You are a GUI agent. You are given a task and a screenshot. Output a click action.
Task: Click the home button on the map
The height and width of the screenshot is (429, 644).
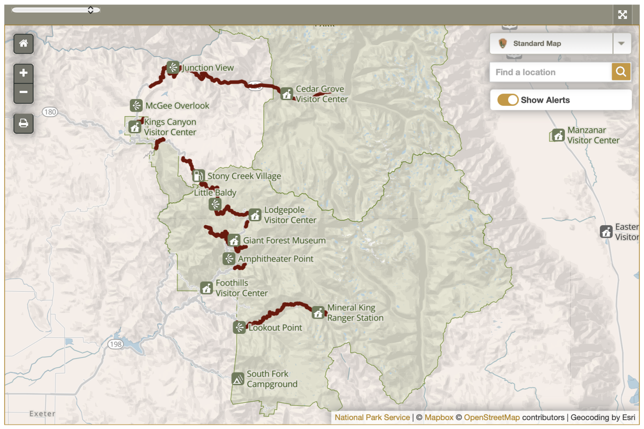click(x=23, y=44)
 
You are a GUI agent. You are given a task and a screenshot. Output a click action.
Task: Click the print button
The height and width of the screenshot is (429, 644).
click(x=23, y=123)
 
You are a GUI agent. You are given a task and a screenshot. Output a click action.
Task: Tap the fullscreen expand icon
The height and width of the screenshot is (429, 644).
click(x=623, y=15)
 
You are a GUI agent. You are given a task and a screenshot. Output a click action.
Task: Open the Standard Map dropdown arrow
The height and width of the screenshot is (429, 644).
click(x=621, y=44)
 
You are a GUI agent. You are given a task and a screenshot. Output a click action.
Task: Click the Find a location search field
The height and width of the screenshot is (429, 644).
click(x=551, y=72)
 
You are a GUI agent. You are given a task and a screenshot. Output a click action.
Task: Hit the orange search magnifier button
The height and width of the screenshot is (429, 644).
click(x=621, y=72)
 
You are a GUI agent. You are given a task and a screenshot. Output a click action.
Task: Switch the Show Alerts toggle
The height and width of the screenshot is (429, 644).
click(x=508, y=100)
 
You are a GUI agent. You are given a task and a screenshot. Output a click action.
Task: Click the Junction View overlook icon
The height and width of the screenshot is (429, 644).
click(x=173, y=67)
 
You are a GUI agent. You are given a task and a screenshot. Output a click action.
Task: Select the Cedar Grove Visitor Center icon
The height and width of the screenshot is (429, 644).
click(x=287, y=94)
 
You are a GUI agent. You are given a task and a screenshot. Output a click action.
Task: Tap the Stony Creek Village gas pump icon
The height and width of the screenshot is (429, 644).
click(x=199, y=176)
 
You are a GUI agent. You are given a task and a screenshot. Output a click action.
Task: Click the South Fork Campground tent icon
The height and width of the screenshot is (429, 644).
click(x=238, y=379)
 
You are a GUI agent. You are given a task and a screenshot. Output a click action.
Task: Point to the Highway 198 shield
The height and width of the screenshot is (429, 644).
click(x=115, y=344)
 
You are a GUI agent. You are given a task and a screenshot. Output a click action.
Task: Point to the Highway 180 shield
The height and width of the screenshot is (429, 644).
click(x=50, y=112)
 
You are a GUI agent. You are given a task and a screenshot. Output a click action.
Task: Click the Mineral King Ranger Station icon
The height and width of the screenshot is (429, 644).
click(x=318, y=312)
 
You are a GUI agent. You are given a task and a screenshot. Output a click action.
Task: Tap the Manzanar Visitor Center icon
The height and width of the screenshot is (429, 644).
click(x=558, y=135)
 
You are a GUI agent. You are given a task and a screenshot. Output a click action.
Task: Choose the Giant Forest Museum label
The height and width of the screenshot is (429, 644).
click(x=284, y=240)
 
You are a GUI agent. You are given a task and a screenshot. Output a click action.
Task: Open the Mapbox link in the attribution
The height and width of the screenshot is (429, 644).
click(x=439, y=417)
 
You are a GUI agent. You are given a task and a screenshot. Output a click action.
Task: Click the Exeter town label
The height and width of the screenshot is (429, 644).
click(x=42, y=414)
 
